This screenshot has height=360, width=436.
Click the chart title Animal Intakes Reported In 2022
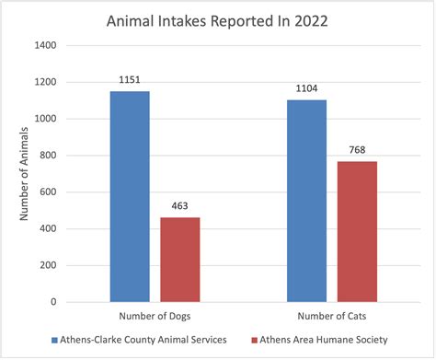tap(217, 19)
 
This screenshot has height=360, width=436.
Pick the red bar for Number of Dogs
tap(179, 260)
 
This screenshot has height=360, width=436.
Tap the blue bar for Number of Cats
tap(306, 201)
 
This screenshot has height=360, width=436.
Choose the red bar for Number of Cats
tap(357, 231)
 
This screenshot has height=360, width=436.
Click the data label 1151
tap(130, 81)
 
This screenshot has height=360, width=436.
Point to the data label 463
tap(179, 207)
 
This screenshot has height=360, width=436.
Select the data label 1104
tap(306, 89)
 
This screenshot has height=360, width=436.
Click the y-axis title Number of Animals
tap(24, 173)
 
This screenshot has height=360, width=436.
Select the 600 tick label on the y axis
tap(47, 192)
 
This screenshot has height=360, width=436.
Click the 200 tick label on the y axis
tap(47, 265)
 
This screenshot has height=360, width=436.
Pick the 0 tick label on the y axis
tap(53, 302)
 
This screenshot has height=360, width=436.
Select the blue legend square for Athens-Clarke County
tap(56, 341)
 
